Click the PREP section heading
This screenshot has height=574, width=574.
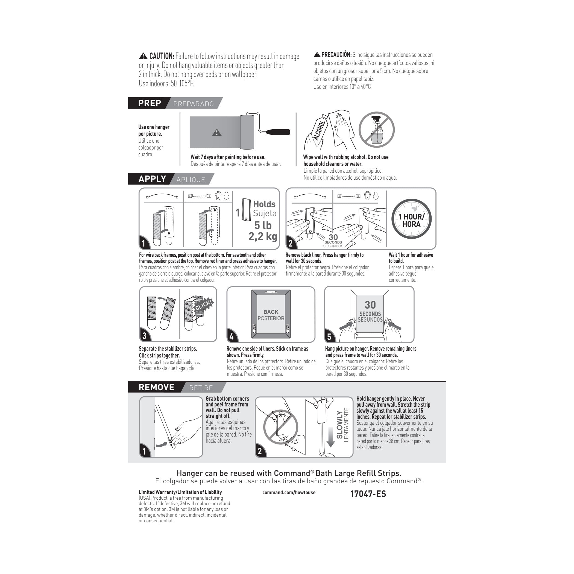(150, 103)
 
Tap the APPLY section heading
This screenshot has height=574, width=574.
(152, 179)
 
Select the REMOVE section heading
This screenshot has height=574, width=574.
(156, 387)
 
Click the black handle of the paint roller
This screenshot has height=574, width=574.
(277, 132)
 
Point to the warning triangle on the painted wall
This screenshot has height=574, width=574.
(216, 133)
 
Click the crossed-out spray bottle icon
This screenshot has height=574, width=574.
(376, 130)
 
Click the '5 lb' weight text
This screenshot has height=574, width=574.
(263, 225)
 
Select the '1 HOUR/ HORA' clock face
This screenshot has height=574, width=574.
(411, 219)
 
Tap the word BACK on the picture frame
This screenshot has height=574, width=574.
(271, 312)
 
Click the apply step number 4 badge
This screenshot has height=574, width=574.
(232, 336)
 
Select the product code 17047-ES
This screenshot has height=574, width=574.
(368, 494)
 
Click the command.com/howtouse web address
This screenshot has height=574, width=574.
(289, 492)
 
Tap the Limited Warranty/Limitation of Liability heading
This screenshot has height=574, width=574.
(180, 492)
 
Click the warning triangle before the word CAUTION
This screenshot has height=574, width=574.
(143, 56)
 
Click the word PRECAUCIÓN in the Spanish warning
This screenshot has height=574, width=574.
(336, 55)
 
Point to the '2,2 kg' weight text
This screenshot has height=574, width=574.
(263, 236)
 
